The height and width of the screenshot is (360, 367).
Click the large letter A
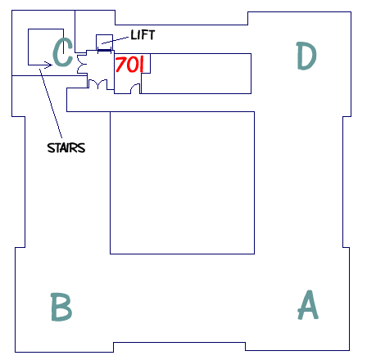308,304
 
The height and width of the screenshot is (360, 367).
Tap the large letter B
61,307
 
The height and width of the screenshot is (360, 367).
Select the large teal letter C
62,52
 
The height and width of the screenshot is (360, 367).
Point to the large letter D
306,56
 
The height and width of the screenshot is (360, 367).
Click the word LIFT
143,35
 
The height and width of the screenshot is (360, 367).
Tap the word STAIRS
66,148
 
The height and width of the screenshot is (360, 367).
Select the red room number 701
129,64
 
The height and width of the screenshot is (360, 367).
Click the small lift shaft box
104,43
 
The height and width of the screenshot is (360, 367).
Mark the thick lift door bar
104,50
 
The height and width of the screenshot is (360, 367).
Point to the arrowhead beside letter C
48,65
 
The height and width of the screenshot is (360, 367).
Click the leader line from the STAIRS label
51,103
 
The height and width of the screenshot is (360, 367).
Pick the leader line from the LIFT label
115,40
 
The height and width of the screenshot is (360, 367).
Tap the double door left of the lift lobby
82,65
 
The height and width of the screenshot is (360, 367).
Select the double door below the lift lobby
97,84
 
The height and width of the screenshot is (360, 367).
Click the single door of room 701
135,89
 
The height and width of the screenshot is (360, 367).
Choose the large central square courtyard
183,182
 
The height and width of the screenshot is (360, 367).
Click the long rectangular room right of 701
196,74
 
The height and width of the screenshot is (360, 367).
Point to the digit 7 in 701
120,65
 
